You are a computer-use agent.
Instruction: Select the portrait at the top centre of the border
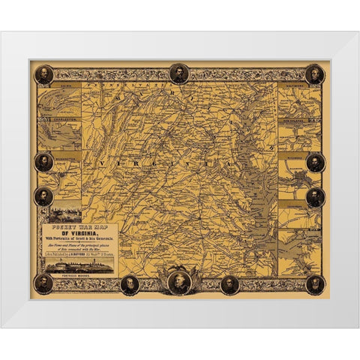pos(178,73)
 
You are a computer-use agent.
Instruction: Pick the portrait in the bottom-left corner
pos(44,283)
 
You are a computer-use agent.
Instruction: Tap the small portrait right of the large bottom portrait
pos(229,284)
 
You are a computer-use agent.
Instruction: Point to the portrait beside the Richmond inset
pos(316,162)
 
